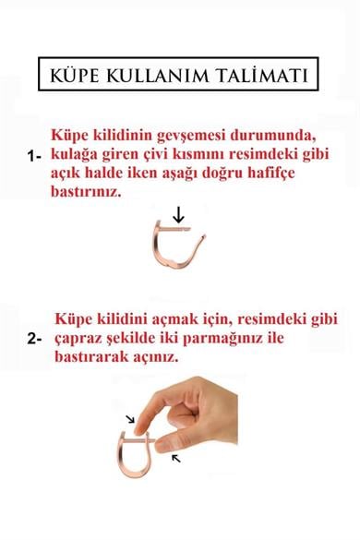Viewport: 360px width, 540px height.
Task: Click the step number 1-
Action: coord(35,157)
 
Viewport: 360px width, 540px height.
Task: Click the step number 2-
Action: coord(35,339)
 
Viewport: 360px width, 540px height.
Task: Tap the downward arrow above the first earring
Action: coord(179,215)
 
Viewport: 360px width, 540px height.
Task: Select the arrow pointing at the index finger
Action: coord(130,421)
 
